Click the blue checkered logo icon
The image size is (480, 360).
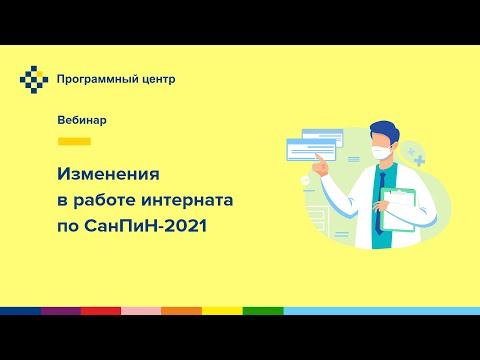pyautogui.click(x=34, y=77)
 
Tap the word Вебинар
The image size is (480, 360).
pyautogui.click(x=82, y=120)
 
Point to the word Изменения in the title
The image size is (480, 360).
pyautogui.click(x=111, y=174)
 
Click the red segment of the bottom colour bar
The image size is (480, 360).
pyautogui.click(x=100, y=311)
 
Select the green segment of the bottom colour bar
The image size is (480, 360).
pyautogui.click(x=262, y=311)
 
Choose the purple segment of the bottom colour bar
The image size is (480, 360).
pyautogui.click(x=60, y=311)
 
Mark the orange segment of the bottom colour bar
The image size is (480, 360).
pyautogui.click(x=181, y=311)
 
